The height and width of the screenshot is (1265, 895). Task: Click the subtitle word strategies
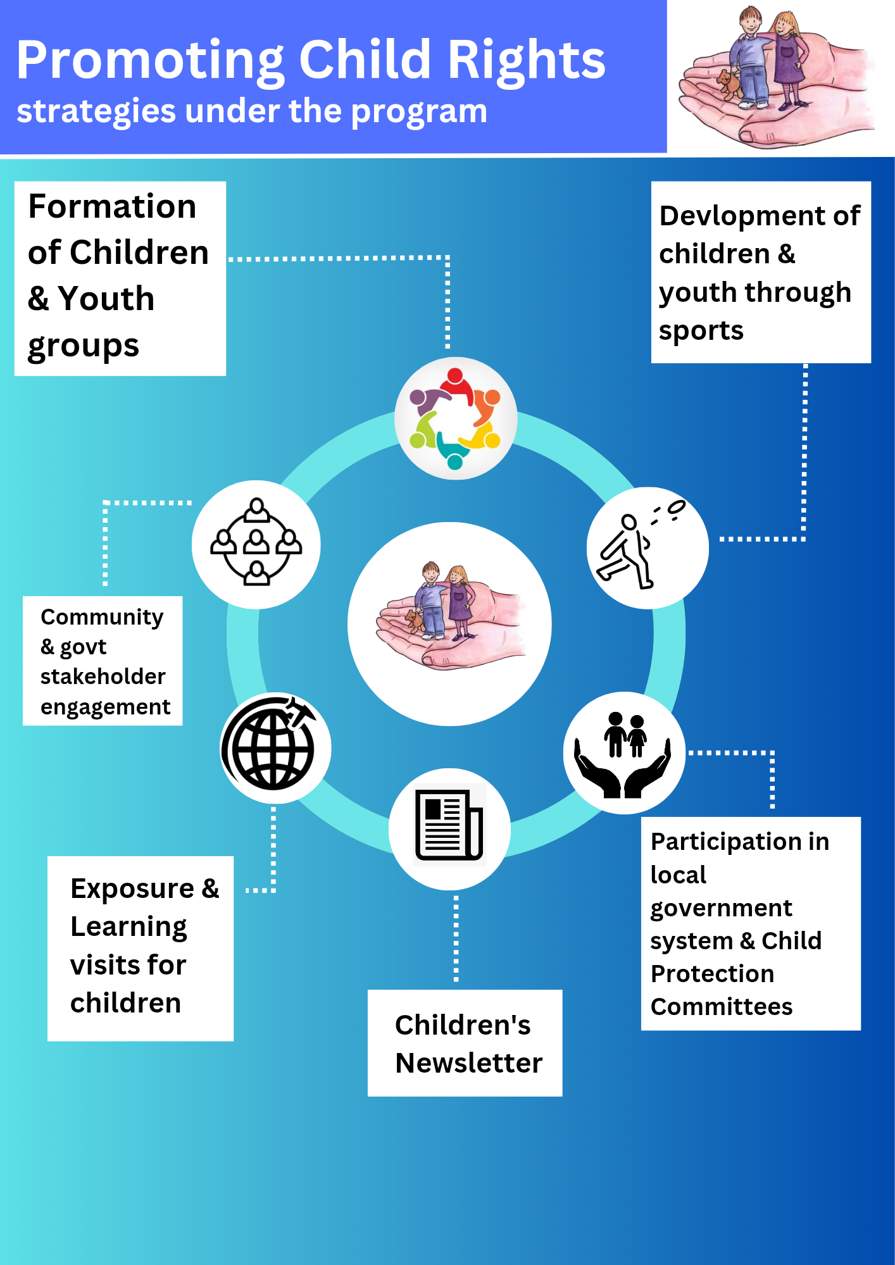tap(96, 113)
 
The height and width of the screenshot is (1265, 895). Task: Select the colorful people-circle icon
tap(455, 418)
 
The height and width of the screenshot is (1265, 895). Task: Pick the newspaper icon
tap(449, 826)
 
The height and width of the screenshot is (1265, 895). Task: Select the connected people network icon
tap(256, 542)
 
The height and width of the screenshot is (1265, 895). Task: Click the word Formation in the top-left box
tap(112, 206)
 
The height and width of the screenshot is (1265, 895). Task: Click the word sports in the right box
tap(701, 331)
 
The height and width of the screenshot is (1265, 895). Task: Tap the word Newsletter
tap(469, 1063)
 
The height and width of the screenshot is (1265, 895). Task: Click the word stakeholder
tap(103, 676)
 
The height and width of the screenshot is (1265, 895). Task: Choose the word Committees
tap(722, 1007)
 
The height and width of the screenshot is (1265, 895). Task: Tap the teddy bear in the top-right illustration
tap(729, 84)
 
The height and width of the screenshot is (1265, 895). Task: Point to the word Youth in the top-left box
tap(106, 299)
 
